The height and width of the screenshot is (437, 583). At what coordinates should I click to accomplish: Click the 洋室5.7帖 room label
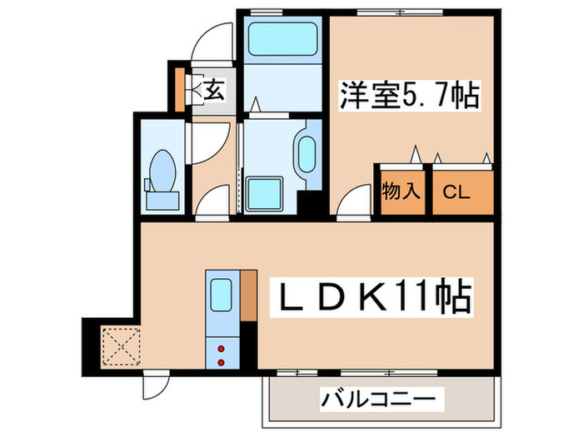(x=409, y=97)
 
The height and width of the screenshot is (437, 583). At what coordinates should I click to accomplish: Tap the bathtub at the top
(x=283, y=39)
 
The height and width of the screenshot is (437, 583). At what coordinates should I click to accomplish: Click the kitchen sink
(x=221, y=295)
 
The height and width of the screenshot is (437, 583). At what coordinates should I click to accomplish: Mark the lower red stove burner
(x=222, y=362)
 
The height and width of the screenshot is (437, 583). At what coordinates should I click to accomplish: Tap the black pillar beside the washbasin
(x=310, y=203)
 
